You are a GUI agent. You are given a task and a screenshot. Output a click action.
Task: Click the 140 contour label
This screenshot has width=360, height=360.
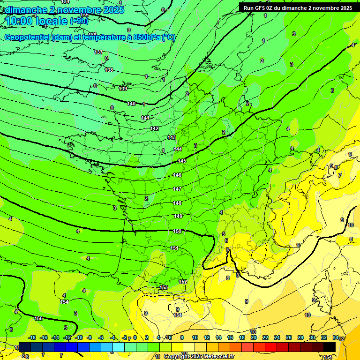click(131, 104)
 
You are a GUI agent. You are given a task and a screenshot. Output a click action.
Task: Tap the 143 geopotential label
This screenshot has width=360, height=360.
click(172, 137)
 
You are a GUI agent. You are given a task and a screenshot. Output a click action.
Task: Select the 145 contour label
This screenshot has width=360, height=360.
click(182, 161)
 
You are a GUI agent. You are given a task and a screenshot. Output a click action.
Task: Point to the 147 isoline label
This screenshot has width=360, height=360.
click(177, 189)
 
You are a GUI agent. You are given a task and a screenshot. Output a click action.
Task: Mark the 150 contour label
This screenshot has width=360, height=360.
click(177, 231)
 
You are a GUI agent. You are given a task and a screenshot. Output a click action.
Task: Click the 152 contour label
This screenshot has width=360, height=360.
click(183, 282)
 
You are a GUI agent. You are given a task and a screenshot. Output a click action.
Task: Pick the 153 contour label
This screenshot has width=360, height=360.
click(164, 287)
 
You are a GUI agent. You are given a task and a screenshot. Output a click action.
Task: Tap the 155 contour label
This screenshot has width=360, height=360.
click(39, 318)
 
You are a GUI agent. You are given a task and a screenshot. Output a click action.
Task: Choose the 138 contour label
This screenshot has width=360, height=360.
click(109, 70)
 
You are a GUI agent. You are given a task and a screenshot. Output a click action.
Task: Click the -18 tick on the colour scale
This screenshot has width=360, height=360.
click(32, 337)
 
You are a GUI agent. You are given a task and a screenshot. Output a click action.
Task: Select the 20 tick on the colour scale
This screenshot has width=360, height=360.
click(253, 337)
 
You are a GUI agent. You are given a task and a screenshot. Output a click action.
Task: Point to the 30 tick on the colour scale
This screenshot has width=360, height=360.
click(312, 337)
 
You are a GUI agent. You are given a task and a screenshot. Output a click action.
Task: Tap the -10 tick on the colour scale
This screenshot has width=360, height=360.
click(79, 337)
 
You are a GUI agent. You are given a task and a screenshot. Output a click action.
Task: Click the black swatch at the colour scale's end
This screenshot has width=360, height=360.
click(330, 347)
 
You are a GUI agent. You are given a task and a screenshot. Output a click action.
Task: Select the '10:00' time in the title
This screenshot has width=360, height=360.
click(19, 21)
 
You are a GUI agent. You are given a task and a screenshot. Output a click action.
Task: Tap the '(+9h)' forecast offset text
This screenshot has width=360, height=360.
click(79, 21)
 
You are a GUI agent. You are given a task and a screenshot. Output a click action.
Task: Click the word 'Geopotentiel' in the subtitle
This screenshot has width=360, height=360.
click(27, 37)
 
